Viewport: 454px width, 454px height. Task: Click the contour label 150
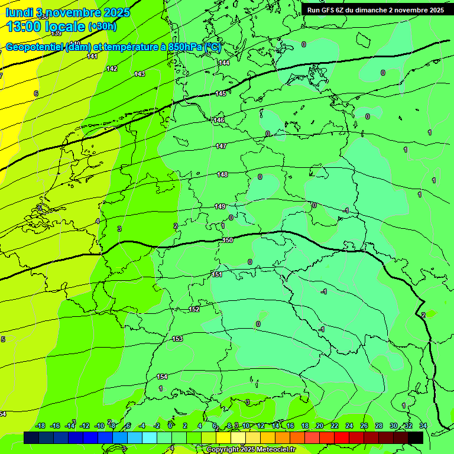point(228,240)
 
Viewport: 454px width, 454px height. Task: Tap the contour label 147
point(221,146)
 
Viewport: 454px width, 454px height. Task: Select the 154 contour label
point(162,377)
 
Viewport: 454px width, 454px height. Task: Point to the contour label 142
point(112,69)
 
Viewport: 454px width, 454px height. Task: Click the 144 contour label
point(224,63)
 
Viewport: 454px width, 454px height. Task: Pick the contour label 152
point(194,309)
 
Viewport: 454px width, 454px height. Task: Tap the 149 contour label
point(220,206)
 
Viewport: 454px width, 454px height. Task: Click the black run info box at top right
point(375,10)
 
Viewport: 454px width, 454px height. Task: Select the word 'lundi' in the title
point(19,12)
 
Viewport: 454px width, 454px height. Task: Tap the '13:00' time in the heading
point(25,27)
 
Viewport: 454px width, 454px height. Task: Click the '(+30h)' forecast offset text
point(102,27)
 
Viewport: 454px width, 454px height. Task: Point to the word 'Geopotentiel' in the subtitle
point(34,46)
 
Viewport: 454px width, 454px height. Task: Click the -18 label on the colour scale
point(40,426)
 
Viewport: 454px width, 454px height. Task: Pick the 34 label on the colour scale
point(423,426)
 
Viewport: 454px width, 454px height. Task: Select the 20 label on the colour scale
point(320,426)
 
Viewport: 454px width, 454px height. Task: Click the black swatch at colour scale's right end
point(416,437)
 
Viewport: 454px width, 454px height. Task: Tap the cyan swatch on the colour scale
point(150,437)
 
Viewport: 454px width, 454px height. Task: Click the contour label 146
point(219,120)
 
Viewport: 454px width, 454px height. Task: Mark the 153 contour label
point(177,339)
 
